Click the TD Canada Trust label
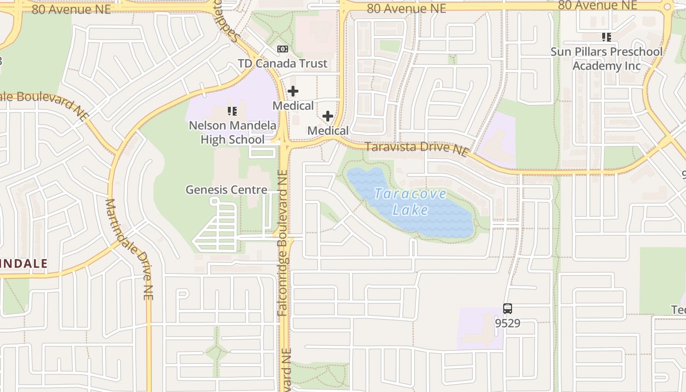point(283,64)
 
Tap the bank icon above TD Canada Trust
point(282,49)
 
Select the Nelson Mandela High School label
point(232,132)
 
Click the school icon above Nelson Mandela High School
point(232,112)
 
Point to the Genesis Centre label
point(226,190)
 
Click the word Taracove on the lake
point(411,194)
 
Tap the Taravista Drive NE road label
point(416,148)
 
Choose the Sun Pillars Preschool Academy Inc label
point(607,58)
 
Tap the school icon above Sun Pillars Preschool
point(607,37)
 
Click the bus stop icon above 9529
point(508,309)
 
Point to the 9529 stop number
point(508,323)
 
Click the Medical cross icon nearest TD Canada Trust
point(293,91)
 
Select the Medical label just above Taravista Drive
point(328,131)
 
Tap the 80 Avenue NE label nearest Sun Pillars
point(598,5)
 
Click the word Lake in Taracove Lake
point(411,210)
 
